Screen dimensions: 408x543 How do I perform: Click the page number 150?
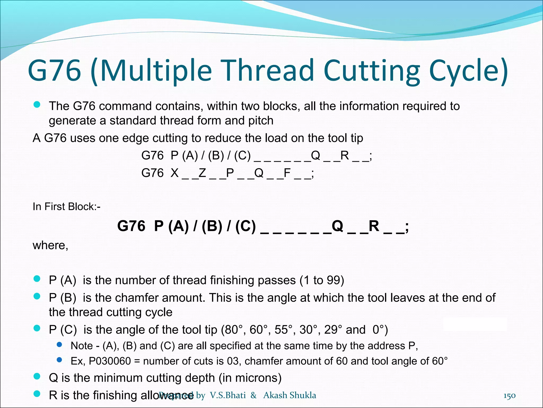coord(509,396)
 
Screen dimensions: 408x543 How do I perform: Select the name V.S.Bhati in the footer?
coord(228,395)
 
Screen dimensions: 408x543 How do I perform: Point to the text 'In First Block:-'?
coord(67,207)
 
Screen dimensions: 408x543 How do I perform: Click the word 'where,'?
coord(50,245)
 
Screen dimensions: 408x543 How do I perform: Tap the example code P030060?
coord(110,361)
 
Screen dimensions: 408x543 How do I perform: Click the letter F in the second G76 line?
coord(287,173)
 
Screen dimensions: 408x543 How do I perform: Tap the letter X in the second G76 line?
coord(174,173)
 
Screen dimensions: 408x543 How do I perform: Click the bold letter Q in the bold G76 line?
coord(337,226)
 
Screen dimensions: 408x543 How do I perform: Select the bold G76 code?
coord(131,226)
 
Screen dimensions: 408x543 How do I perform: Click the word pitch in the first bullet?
coord(261,121)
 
